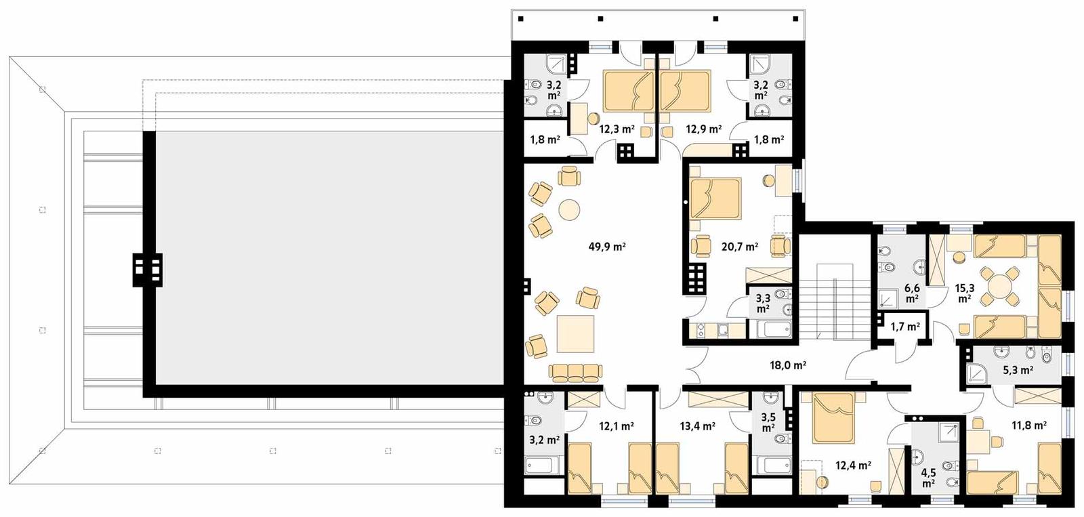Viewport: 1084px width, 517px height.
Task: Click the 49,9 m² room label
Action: tap(606, 247)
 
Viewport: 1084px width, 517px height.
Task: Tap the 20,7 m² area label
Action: tap(739, 247)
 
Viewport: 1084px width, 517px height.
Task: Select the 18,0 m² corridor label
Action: tap(787, 365)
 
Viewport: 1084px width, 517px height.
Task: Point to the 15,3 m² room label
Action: tap(965, 293)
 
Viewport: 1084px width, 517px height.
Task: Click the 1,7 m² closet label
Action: tap(904, 327)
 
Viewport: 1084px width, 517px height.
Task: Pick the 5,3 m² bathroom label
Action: tap(1017, 371)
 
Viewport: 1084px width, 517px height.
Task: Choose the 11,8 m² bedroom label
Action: tap(1028, 426)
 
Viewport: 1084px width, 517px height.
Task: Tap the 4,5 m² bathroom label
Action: tap(928, 478)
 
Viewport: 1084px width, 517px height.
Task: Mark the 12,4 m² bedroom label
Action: tap(852, 466)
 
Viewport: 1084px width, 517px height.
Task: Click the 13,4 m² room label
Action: tap(697, 426)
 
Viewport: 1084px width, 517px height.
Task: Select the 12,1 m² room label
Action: tap(616, 426)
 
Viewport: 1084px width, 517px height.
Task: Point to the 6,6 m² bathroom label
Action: tap(912, 293)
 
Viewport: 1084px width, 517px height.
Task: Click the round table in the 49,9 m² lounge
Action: tap(569, 209)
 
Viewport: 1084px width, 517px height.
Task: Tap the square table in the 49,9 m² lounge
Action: tap(575, 333)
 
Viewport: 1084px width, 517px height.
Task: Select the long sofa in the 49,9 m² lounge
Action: tap(575, 371)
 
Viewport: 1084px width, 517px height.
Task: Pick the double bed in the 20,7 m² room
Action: tap(715, 198)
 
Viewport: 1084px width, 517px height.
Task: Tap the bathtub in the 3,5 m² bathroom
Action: tap(773, 465)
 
